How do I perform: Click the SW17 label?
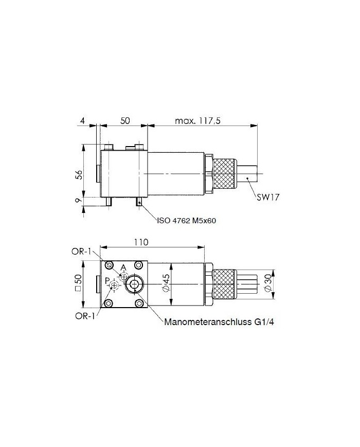267,197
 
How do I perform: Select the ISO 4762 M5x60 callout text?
186,220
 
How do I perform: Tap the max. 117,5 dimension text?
197,120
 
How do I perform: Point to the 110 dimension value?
141,242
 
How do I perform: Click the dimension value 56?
80,174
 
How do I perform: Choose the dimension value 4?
82,120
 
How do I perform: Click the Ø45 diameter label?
167,283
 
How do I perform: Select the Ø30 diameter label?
268,283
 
